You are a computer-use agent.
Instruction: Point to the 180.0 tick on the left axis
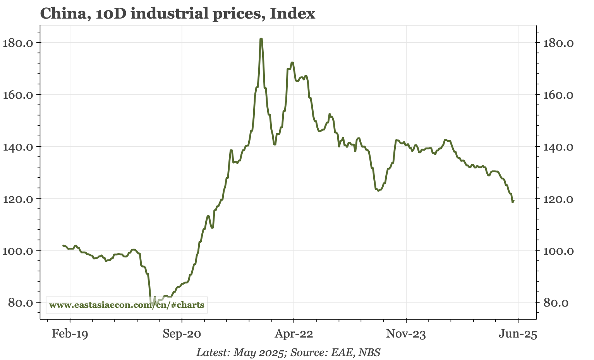pos(19,43)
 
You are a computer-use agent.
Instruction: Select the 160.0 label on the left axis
pos(19,94)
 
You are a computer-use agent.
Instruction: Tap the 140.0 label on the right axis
pos(558,147)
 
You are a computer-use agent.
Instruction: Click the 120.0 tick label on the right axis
pos(558,199)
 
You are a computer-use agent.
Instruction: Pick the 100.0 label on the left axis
pos(19,250)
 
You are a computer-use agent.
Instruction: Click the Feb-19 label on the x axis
pos(70,334)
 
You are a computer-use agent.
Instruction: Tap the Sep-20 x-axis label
pos(182,334)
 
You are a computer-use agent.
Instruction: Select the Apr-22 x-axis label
pos(294,334)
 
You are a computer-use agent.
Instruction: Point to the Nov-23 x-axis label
pos(406,334)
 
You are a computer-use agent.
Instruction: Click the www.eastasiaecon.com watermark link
pos(127,305)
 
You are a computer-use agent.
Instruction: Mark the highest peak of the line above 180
pos(261,39)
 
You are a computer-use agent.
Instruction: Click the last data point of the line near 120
pos(513,201)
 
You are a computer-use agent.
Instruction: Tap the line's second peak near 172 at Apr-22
pos(292,62)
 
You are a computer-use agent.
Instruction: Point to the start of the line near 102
pos(63,245)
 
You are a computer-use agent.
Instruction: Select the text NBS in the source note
pos(369,353)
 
